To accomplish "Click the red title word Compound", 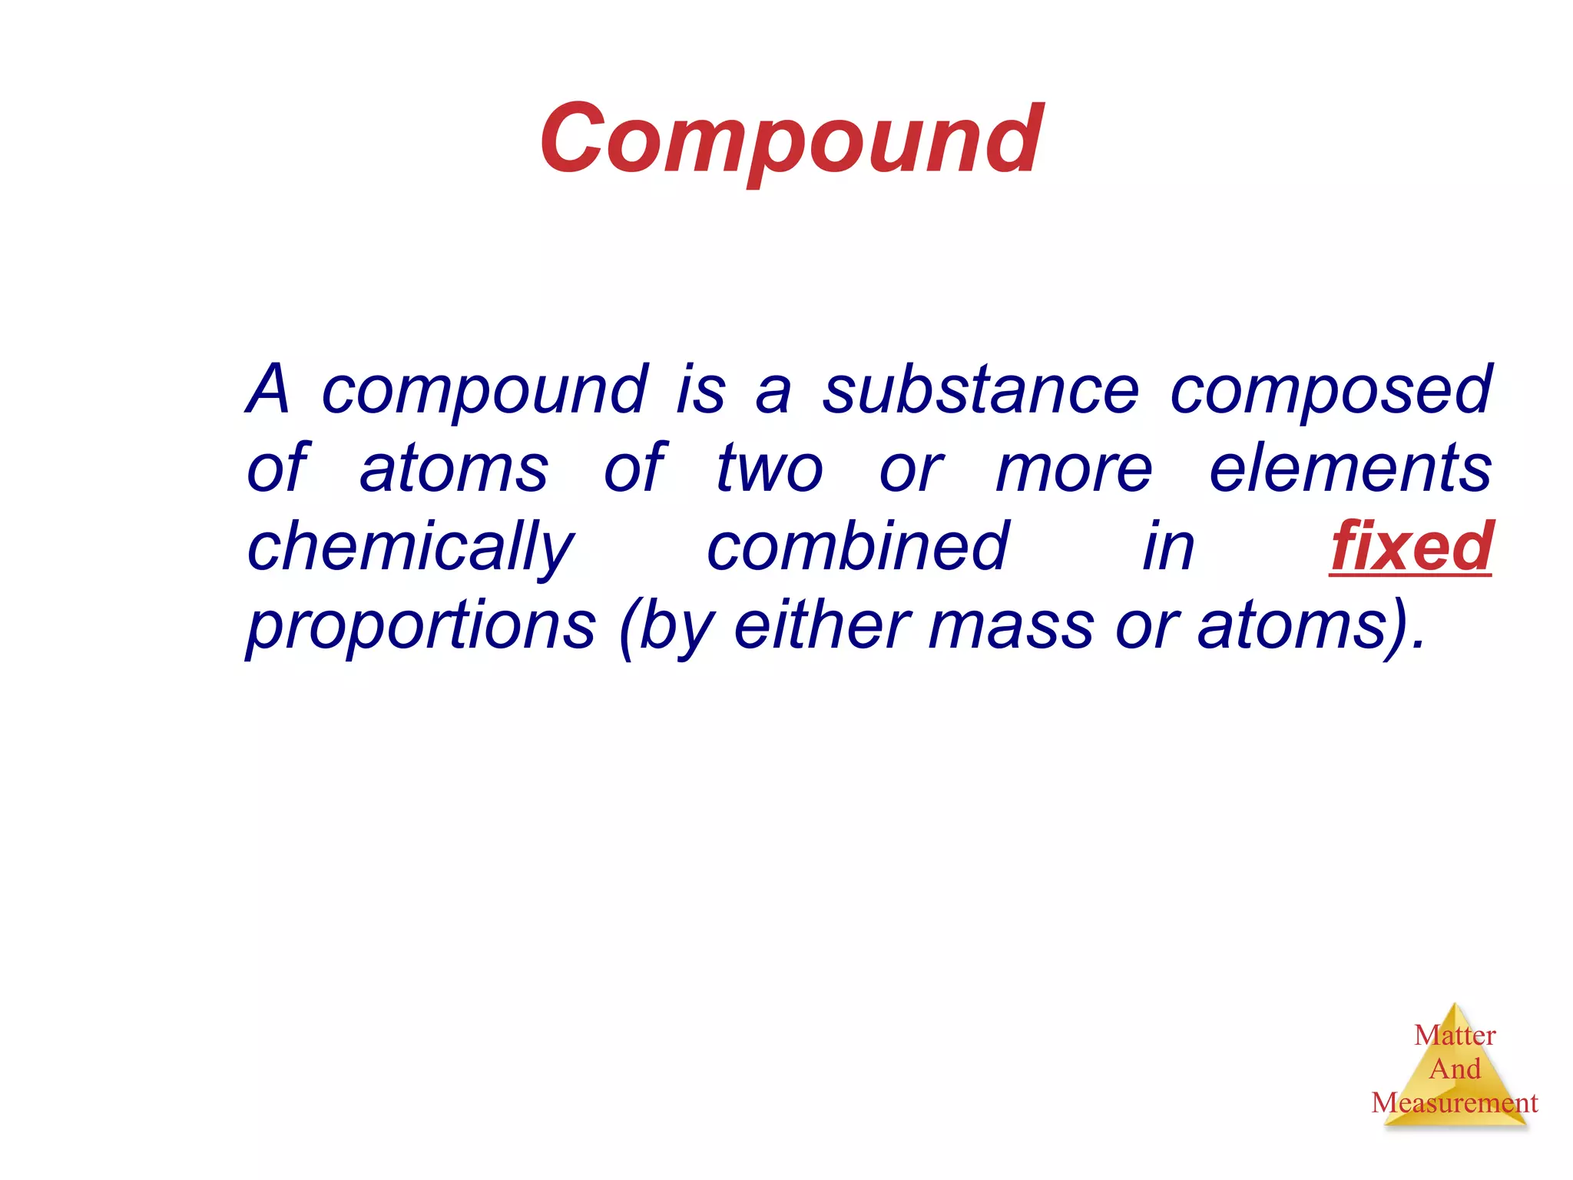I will tap(791, 141).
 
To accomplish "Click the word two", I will tap(770, 469).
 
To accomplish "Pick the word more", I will tap(1074, 469).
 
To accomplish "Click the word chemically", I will tap(410, 548).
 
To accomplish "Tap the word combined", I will tap(857, 546).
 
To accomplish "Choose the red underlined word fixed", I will tap(1410, 546).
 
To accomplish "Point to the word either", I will tap(823, 625).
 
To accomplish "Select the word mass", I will tap(1011, 627).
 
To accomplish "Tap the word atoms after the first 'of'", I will tap(454, 469).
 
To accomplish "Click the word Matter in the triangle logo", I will tap(1455, 1036).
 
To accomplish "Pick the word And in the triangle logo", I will tap(1455, 1069).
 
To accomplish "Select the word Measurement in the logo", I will tap(1455, 1103).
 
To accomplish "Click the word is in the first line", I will tap(700, 390).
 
